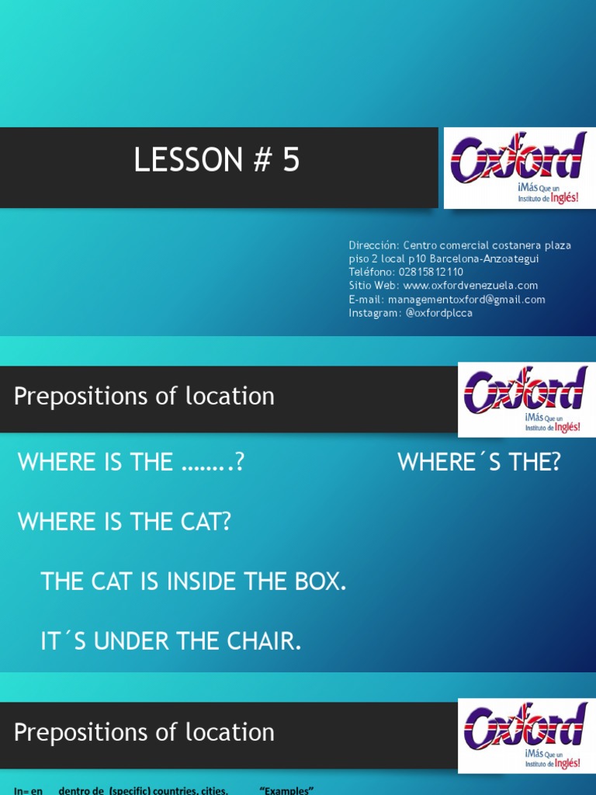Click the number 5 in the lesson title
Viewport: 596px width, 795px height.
(290, 160)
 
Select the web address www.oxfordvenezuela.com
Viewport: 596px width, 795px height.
(470, 286)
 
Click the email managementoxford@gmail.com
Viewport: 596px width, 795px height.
(466, 300)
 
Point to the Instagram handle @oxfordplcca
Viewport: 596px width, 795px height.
(438, 314)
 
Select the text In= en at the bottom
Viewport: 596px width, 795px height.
(28, 790)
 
